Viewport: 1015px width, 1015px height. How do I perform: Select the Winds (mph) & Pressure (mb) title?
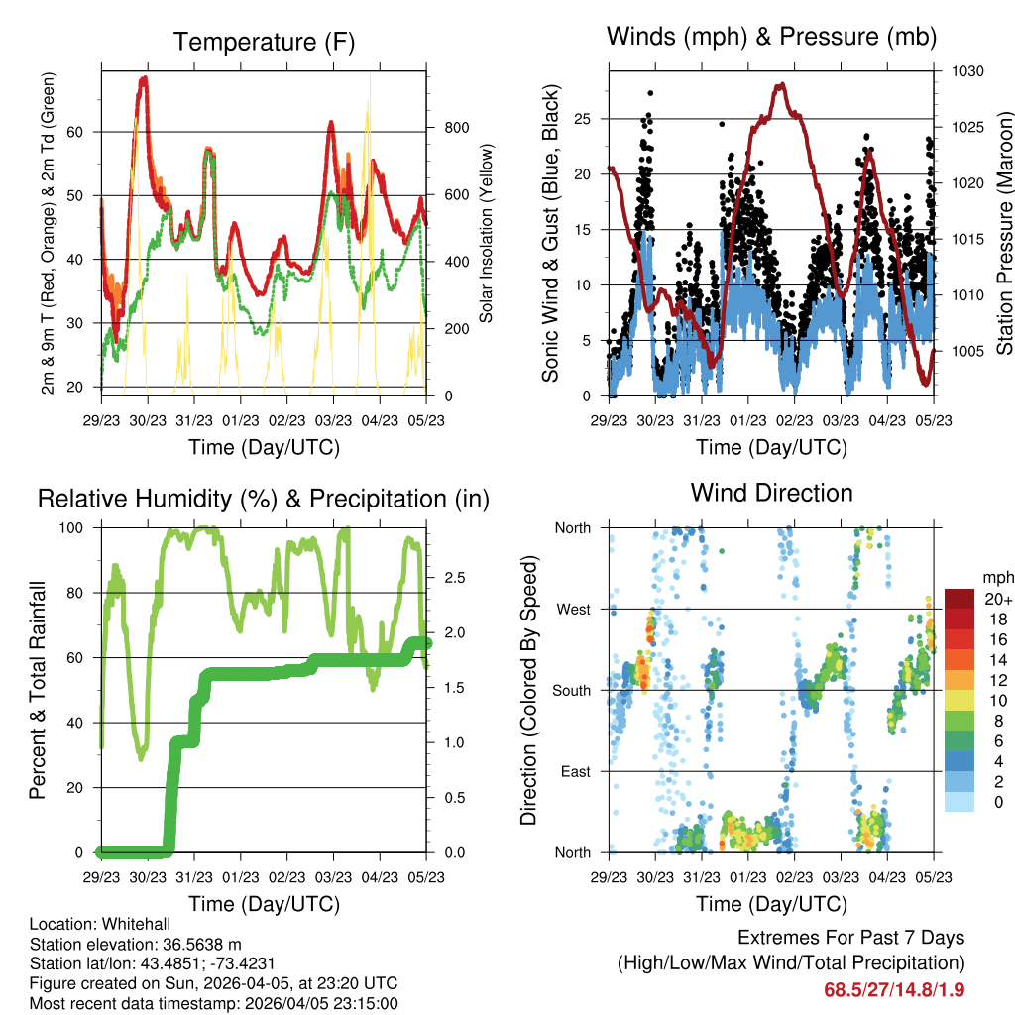771,37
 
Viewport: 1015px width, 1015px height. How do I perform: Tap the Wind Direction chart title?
771,493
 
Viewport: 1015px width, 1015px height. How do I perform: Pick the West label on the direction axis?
573,609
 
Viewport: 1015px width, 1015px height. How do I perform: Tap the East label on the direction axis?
574,771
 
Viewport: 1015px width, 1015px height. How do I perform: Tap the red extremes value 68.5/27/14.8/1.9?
893,988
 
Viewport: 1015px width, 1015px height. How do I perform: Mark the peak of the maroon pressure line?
781,85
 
